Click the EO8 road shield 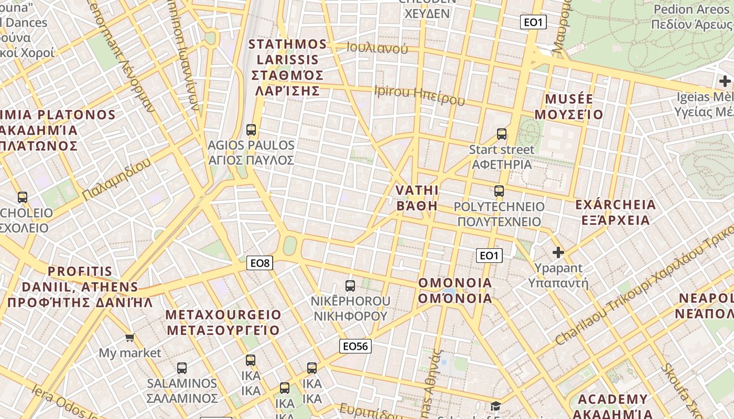tap(260, 263)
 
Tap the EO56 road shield tap(355, 346)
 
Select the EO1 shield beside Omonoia tap(489, 256)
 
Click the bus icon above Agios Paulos tap(251, 129)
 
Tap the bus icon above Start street tap(502, 134)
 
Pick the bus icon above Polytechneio tap(499, 191)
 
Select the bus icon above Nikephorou tap(350, 286)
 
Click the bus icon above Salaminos tap(182, 368)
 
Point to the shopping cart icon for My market tap(129, 337)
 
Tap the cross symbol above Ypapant tap(558, 252)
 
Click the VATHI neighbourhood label tap(417, 197)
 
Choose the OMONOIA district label tap(455, 291)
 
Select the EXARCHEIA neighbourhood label tap(616, 212)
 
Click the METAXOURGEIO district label tap(223, 323)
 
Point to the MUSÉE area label tap(569, 107)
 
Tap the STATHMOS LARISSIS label tap(287, 68)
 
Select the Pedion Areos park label tap(692, 17)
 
